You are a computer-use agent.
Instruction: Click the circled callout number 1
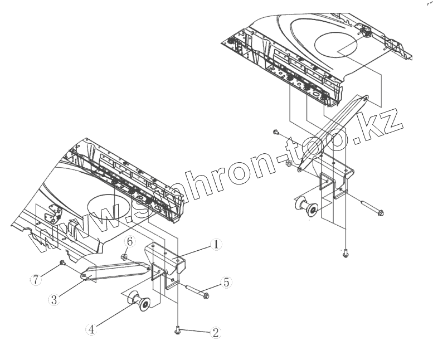[216, 244]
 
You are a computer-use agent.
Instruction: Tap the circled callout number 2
[216, 333]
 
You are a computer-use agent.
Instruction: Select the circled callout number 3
[53, 300]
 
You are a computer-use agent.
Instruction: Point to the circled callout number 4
[91, 329]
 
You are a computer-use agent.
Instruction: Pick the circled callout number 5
[226, 283]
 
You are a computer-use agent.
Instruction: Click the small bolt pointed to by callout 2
[178, 331]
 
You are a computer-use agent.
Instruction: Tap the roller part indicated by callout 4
[138, 303]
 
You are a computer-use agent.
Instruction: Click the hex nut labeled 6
[127, 257]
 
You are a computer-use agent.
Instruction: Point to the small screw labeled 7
[63, 262]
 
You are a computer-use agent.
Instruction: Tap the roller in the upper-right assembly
[305, 207]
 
